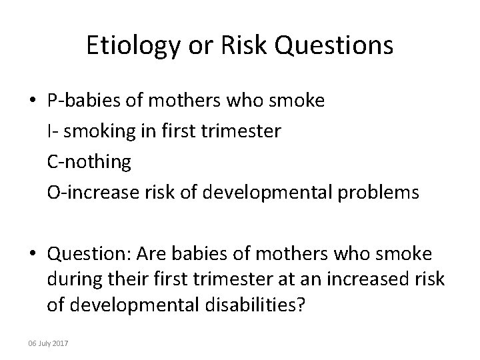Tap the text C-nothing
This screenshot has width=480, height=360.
[89, 162]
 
